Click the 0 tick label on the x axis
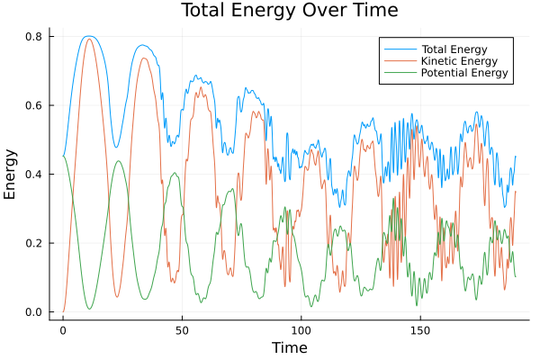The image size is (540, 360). point(63,330)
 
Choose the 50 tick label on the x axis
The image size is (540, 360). point(182,330)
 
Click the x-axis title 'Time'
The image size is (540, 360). point(290,348)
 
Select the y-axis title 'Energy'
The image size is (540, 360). point(12,175)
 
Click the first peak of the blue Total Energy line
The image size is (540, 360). point(87,37)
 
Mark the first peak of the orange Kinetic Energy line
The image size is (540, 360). point(89,40)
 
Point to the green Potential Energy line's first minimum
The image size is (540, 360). point(89,309)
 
